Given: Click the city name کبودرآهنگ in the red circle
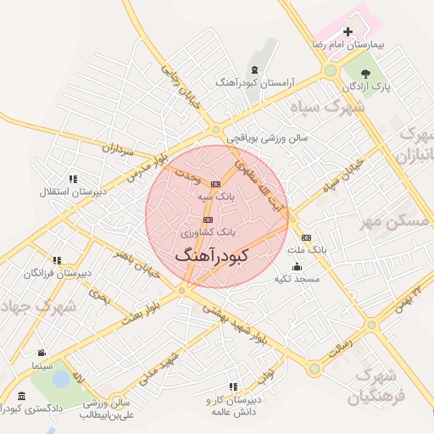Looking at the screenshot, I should coord(211,254).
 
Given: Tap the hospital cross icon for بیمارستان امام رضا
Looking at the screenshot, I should coord(346,31).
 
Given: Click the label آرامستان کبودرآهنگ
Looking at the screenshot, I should coord(254,82).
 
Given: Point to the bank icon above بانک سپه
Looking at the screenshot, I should coord(215,183).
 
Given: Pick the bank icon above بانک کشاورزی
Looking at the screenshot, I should coord(208,219).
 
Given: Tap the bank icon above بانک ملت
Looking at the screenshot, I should coord(306,237).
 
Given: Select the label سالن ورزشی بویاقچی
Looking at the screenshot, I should coord(267,136).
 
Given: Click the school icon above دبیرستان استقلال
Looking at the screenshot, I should coord(74,179).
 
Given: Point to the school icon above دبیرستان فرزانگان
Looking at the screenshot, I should coord(56,260).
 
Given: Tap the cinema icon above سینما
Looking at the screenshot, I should coord(41,353).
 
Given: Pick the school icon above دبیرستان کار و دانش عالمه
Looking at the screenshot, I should coord(233,387).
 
